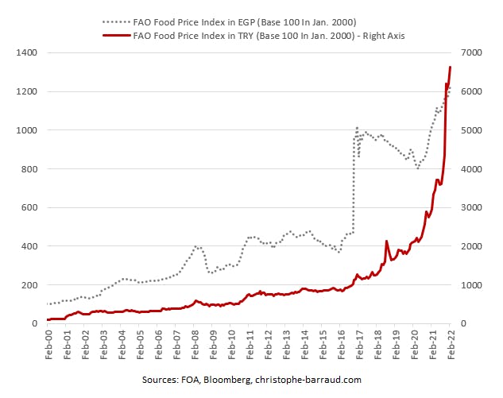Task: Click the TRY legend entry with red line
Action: click(261, 36)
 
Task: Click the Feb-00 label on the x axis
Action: click(49, 342)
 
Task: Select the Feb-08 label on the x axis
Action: click(195, 342)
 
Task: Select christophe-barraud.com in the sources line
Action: click(310, 380)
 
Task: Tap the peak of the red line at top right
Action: click(451, 67)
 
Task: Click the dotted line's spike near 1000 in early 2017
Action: click(357, 128)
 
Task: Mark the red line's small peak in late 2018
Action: click(386, 241)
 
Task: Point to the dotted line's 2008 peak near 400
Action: click(197, 247)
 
